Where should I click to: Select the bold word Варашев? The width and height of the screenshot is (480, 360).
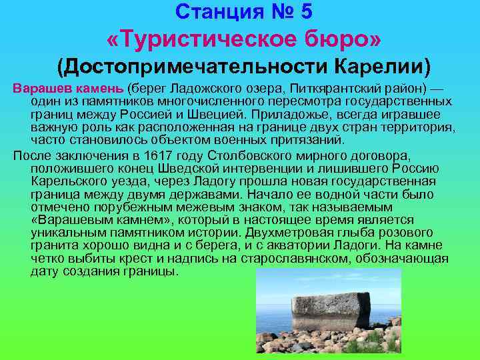(x=39, y=89)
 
